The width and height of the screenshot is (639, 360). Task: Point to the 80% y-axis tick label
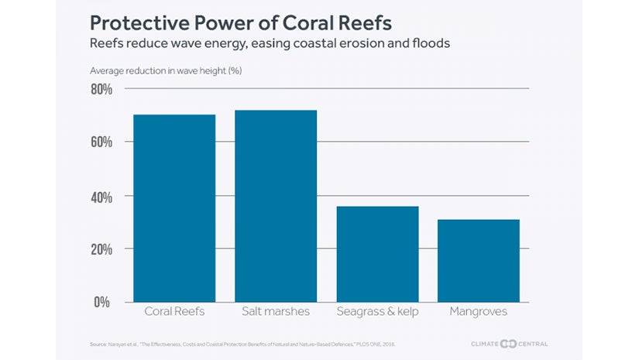(x=101, y=90)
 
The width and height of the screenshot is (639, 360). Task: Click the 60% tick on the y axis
(x=101, y=142)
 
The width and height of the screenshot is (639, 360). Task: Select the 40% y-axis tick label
(x=101, y=197)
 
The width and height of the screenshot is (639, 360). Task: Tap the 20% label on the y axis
(x=101, y=249)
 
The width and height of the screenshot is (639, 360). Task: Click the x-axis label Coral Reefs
(x=174, y=311)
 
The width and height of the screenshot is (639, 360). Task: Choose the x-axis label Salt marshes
(x=276, y=311)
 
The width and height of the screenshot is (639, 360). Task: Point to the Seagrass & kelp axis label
(x=377, y=311)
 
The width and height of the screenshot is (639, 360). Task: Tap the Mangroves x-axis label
(x=479, y=311)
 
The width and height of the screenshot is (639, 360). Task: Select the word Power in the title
(x=226, y=20)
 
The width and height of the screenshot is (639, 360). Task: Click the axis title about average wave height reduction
(x=167, y=71)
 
